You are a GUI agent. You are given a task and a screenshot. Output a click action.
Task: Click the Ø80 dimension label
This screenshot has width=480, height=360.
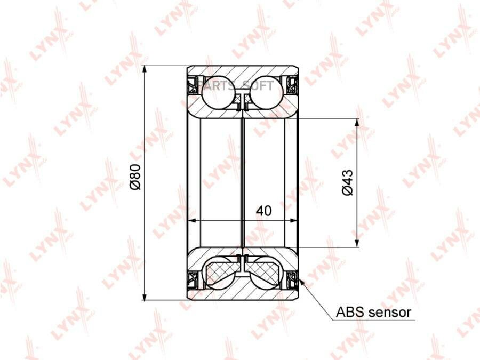135,177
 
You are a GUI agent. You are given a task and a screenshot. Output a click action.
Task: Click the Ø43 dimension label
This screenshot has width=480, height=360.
347,182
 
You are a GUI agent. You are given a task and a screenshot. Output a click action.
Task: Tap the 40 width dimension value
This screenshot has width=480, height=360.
264,211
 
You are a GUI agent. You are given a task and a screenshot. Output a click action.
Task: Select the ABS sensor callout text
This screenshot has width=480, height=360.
373,312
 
